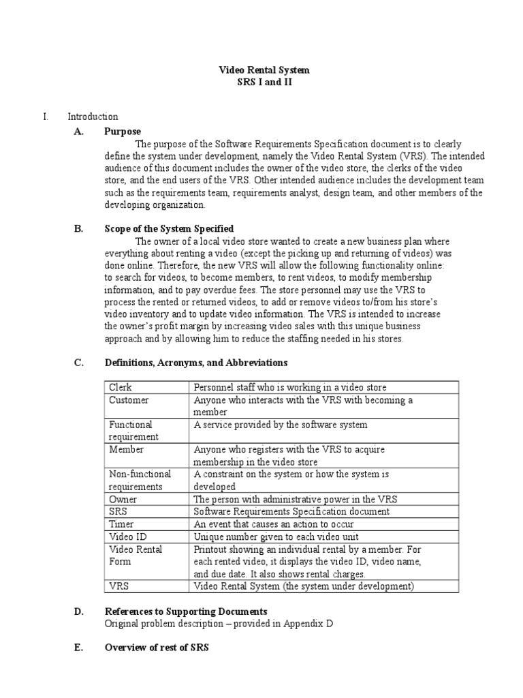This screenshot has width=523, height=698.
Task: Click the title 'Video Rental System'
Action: click(x=263, y=70)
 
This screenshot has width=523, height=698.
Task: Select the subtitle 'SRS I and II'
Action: click(x=263, y=82)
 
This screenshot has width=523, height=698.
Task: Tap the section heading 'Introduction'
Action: click(x=92, y=117)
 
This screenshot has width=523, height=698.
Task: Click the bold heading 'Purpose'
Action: click(x=123, y=131)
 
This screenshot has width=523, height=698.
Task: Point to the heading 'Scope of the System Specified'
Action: click(x=169, y=229)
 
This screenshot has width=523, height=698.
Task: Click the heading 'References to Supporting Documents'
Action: click(x=185, y=611)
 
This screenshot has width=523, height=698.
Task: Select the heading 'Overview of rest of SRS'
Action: click(x=156, y=648)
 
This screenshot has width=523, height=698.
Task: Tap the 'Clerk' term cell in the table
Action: click(x=120, y=387)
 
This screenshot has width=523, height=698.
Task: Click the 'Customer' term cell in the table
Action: click(x=129, y=400)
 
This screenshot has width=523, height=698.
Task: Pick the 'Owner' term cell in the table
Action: click(x=123, y=499)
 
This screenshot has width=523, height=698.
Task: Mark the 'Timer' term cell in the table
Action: click(x=122, y=524)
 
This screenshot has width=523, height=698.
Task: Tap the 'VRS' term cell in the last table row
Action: click(x=119, y=586)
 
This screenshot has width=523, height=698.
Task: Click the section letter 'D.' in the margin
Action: click(x=78, y=611)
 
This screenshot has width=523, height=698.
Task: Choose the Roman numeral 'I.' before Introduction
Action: click(x=46, y=117)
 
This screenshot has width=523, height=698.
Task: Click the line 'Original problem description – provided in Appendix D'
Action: click(x=219, y=624)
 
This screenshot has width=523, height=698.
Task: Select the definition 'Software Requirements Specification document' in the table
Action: click(x=291, y=511)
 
